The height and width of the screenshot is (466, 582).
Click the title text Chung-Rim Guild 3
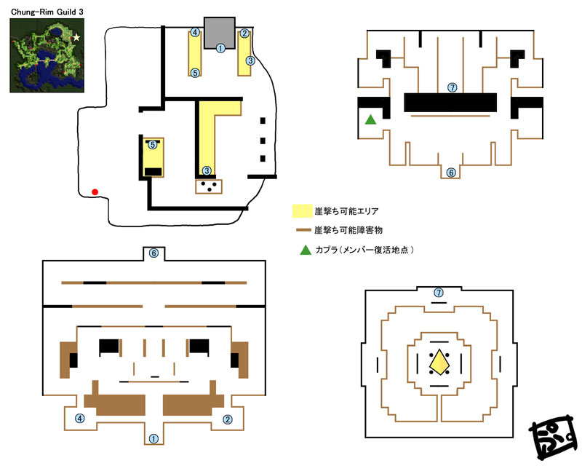point(47,12)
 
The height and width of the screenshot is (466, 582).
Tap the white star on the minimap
point(76,37)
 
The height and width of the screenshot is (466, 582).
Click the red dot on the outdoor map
point(95,191)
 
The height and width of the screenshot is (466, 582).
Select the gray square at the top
point(220,33)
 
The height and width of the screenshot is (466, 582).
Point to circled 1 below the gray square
point(220,48)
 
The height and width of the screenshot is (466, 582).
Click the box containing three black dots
point(209,186)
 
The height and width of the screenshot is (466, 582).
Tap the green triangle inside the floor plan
point(370,119)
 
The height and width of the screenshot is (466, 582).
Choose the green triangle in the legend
point(306,250)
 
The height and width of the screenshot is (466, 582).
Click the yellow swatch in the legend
point(302,210)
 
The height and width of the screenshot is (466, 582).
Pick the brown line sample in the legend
point(303,230)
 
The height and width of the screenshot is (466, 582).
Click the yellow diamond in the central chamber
point(439,362)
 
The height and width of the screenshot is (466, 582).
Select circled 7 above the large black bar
point(452,87)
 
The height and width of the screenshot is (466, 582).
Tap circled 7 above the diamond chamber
point(439,293)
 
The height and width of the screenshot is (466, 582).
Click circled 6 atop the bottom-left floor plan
point(154,253)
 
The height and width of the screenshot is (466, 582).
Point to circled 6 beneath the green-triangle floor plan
point(451,173)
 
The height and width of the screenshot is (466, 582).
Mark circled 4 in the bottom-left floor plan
point(80,419)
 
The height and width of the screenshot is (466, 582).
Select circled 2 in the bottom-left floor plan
point(228,419)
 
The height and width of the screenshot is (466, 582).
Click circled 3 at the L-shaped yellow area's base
point(207,170)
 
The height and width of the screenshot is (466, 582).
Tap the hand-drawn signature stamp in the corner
point(553,438)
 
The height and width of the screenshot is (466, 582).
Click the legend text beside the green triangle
point(364,250)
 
